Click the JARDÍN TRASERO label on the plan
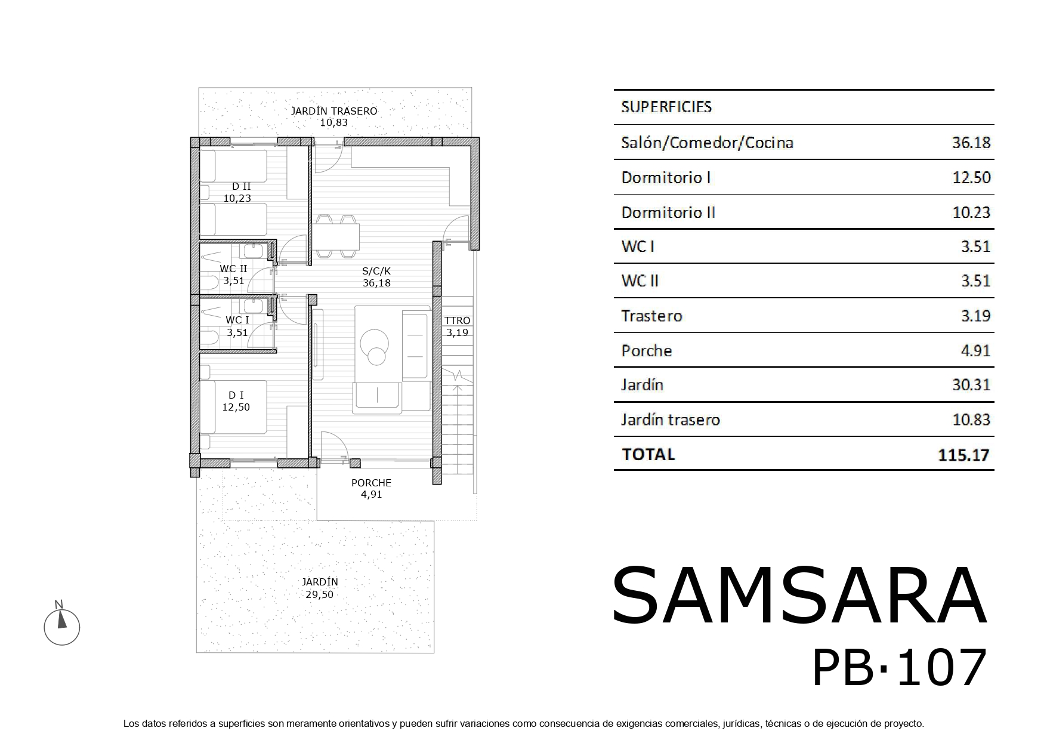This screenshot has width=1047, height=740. coord(333,111)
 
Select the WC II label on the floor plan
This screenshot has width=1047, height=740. coord(233,269)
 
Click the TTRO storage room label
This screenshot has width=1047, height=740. coord(458,320)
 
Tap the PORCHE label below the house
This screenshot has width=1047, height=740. coord(371,483)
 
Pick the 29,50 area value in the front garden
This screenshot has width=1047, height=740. coord(320,594)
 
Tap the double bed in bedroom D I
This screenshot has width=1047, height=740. coord(233,407)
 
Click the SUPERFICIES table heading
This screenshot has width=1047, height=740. coord(666,107)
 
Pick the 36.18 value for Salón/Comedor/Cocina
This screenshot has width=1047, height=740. coord(971,143)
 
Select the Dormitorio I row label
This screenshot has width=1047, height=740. coord(666,178)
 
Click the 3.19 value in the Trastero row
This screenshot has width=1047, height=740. coord(975,316)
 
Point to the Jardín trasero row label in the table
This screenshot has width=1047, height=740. coord(671,420)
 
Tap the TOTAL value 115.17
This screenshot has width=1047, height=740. coord(963,455)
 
